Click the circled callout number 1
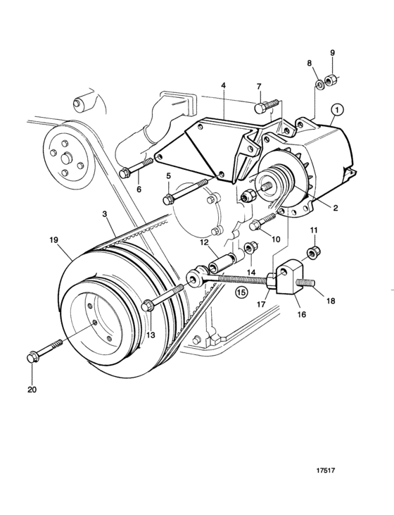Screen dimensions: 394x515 (338, 110)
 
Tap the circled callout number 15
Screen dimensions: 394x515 (241, 292)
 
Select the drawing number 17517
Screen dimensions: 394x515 (326, 471)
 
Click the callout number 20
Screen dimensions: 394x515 (32, 390)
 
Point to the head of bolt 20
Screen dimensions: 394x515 (32, 357)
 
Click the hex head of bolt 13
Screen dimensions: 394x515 (146, 306)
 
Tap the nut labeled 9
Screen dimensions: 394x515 (329, 80)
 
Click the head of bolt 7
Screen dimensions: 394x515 (259, 108)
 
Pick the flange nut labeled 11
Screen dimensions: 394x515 (314, 252)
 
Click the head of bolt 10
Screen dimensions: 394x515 (255, 226)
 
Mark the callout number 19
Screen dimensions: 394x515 (53, 240)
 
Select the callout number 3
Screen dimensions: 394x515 (105, 214)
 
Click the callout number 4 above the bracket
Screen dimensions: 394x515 (224, 86)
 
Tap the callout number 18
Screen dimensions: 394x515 (331, 300)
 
